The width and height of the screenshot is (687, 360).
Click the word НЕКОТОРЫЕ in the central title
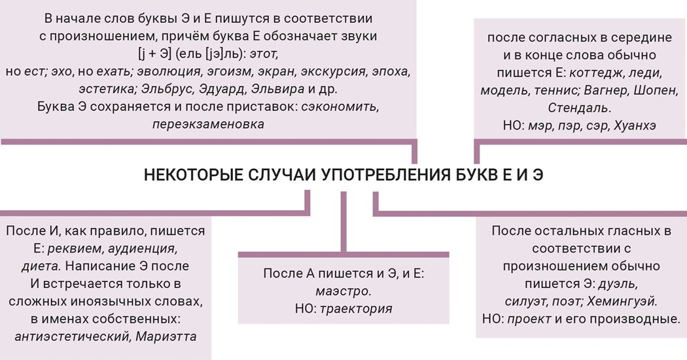click(193, 175)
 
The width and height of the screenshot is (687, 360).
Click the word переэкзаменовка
click(208, 124)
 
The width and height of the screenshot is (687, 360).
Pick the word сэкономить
click(340, 107)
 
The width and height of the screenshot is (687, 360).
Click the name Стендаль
click(578, 107)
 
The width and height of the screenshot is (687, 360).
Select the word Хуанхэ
click(635, 126)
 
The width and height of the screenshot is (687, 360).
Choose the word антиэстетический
click(72, 336)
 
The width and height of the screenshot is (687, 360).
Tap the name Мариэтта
click(166, 336)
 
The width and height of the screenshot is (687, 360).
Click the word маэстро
click(343, 291)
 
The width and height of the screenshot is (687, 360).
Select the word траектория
click(356, 309)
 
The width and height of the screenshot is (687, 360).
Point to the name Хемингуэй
click(623, 301)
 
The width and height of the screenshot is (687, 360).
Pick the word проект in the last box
click(529, 319)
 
